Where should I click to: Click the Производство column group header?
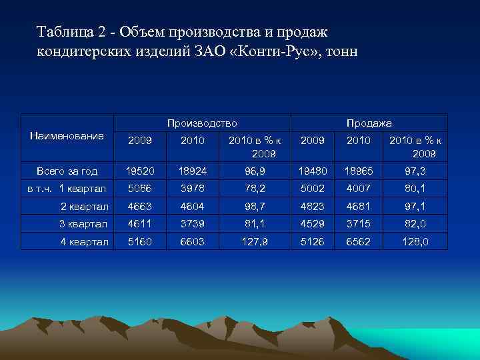click(202, 123)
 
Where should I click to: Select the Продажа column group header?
click(369, 123)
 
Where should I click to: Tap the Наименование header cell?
click(67, 136)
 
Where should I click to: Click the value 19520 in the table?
click(139, 171)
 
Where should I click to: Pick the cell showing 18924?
click(192, 171)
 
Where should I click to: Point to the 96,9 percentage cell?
click(255, 171)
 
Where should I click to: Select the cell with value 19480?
click(312, 171)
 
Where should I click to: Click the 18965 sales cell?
click(358, 171)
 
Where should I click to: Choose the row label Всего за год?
click(67, 171)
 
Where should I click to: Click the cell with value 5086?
click(139, 189)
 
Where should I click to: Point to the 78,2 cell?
click(255, 189)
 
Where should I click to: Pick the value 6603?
click(192, 241)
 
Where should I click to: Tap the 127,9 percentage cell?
click(255, 241)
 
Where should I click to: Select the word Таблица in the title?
click(63, 32)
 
